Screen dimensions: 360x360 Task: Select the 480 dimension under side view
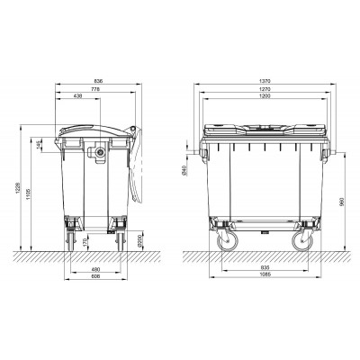click(94, 269)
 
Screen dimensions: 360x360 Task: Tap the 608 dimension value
click(94, 278)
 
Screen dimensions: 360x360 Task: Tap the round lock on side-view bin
click(100, 155)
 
